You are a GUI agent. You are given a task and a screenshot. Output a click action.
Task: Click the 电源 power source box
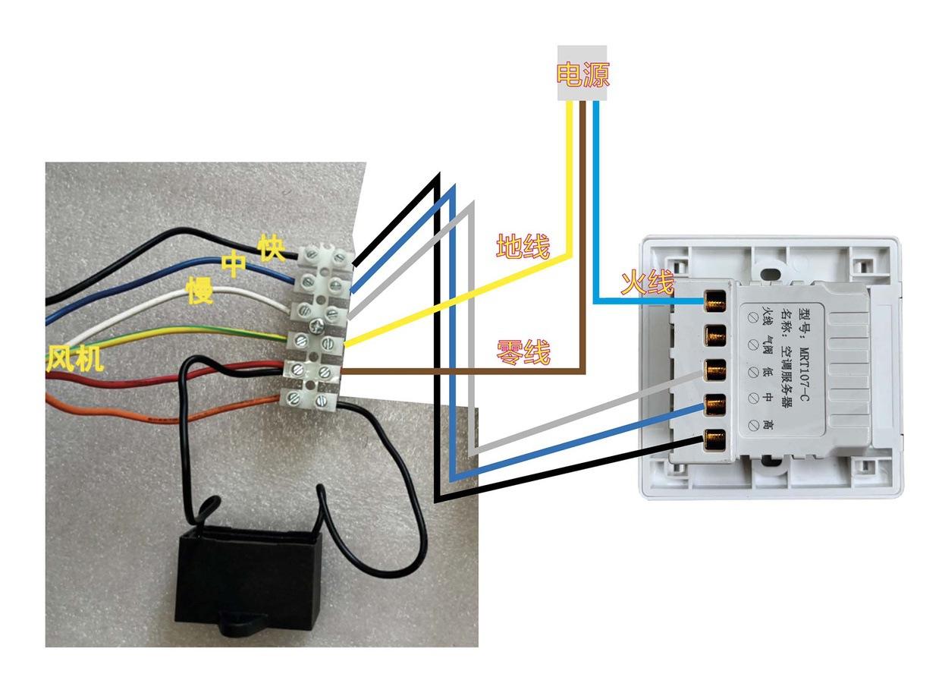coord(582,74)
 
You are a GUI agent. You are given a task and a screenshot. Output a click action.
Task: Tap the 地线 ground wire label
coord(523,246)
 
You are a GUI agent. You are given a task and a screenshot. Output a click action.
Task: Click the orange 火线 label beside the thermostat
coord(647,283)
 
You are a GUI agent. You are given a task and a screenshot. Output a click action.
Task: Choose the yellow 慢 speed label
coord(200,291)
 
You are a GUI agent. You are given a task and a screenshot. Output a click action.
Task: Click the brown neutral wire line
coord(584,250)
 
